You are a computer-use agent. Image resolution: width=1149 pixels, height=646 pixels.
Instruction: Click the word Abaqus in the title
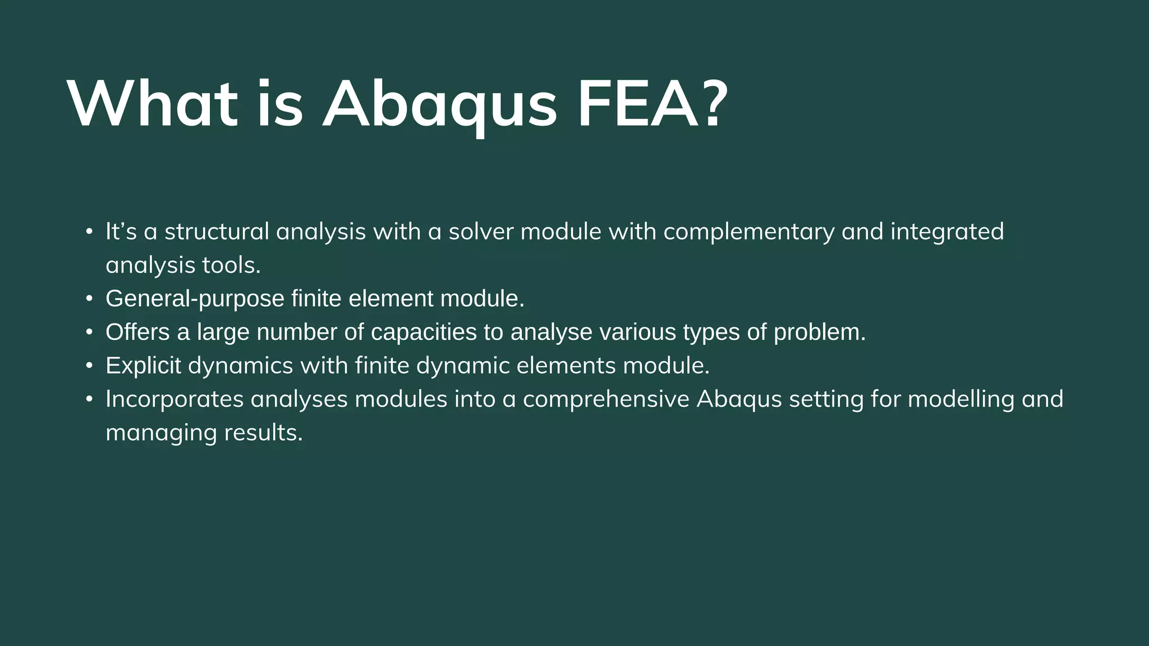coord(439,105)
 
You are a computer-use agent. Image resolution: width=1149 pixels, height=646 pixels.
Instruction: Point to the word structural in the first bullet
coord(217,232)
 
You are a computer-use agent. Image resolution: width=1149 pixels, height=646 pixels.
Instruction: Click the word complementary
coord(748,232)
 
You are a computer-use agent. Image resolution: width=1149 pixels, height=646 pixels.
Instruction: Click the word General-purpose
coord(195,299)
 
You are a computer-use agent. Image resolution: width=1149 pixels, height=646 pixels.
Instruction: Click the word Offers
coord(137,332)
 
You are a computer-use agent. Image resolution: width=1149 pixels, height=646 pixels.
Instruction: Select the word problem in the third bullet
coord(819,333)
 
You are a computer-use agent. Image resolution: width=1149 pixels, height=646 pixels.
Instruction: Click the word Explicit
coord(143,366)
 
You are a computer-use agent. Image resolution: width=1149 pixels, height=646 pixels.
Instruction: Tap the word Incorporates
coord(174,400)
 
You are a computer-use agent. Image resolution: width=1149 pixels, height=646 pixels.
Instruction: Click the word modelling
coord(960,400)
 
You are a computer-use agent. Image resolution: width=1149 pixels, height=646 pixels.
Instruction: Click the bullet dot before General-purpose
coord(89,299)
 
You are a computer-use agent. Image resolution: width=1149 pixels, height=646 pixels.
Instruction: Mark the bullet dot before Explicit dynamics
coord(89,366)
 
